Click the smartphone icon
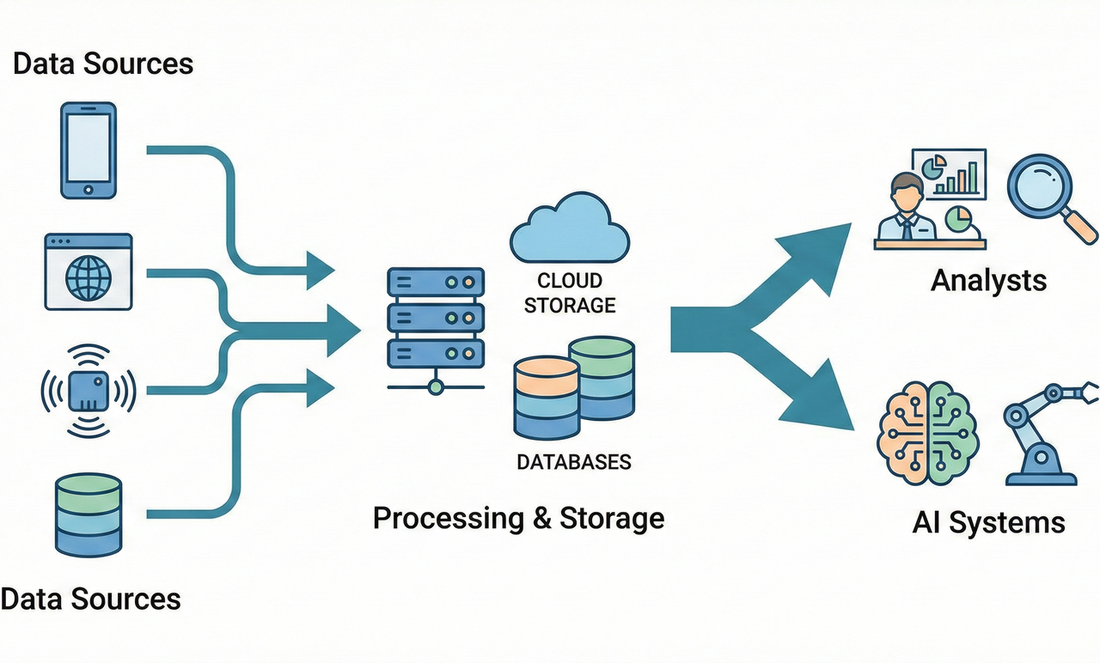tap(88, 150)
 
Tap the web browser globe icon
tap(88, 271)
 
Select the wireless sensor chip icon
tap(88, 391)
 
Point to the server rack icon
tap(435, 318)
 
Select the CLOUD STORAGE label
tap(570, 293)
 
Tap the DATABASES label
tap(573, 462)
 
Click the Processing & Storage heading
tap(518, 519)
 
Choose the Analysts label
tap(988, 280)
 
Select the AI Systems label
tap(988, 522)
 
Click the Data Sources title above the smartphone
tap(103, 64)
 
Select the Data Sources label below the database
tap(91, 598)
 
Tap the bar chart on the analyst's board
tap(957, 176)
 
